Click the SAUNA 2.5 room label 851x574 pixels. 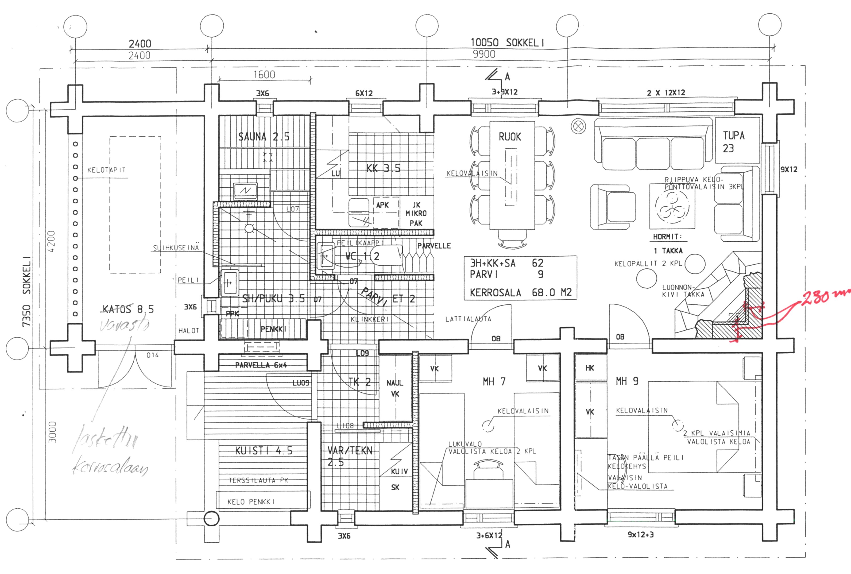click(264, 137)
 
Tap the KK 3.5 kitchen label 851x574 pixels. click(383, 168)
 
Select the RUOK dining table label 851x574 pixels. click(509, 137)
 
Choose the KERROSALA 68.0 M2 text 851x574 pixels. click(521, 292)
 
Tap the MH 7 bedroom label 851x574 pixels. click(494, 382)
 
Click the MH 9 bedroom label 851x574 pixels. click(627, 381)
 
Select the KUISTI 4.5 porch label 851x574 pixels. click(264, 451)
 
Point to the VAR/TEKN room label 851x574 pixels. click(350, 456)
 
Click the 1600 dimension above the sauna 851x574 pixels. click(264, 75)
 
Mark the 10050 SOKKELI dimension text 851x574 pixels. click(507, 43)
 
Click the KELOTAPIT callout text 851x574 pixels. click(106, 170)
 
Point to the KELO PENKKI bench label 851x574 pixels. click(251, 502)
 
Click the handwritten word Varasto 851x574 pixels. click(124, 325)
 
